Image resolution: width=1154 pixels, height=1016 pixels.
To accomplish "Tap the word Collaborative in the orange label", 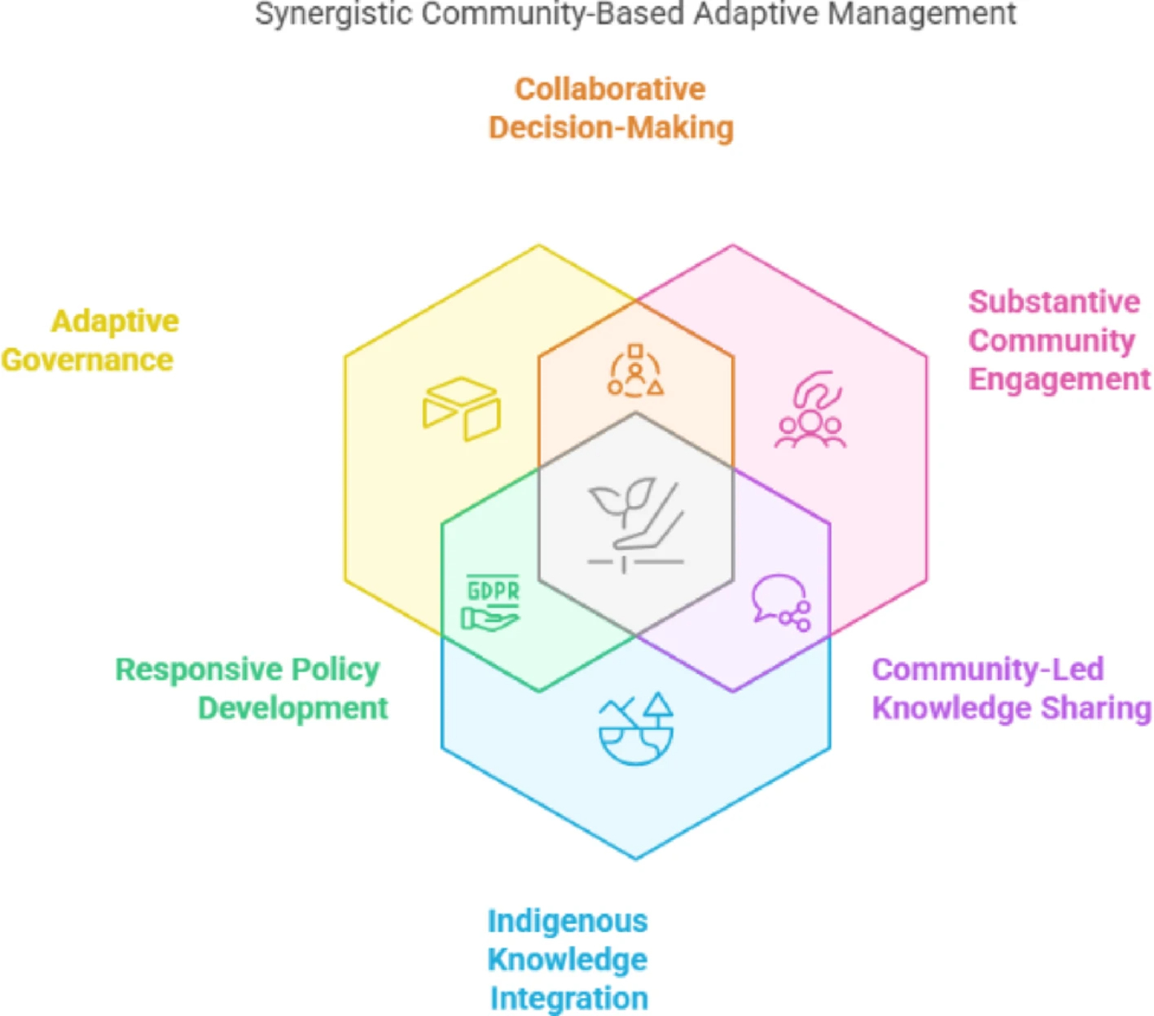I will tap(610, 89).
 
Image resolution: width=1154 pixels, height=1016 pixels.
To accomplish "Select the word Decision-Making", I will tap(611, 128).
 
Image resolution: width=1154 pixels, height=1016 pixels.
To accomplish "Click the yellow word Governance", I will tap(87, 360).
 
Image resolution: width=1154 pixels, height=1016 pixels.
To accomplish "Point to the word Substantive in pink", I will tap(1054, 302).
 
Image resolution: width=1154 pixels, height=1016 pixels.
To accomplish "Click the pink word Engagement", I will tap(1059, 379).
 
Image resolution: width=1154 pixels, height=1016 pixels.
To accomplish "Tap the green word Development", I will tap(292, 708).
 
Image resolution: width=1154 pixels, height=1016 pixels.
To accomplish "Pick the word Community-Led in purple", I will tap(987, 669).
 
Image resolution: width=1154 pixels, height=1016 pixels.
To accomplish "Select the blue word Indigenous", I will tap(568, 922).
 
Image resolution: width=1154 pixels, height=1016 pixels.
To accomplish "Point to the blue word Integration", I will tap(568, 998).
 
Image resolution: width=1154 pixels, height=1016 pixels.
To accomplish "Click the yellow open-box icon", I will tap(461, 408).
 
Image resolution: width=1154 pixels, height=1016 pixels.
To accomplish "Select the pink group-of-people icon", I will tap(810, 410).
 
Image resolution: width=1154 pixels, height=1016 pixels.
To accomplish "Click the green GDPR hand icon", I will tap(491, 602).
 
